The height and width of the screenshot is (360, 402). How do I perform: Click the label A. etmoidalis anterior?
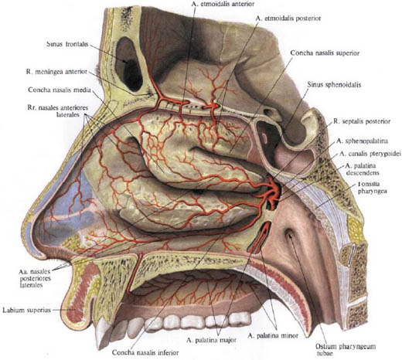pyautogui.click(x=223, y=4)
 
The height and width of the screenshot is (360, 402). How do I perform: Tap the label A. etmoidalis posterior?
pyautogui.click(x=288, y=19)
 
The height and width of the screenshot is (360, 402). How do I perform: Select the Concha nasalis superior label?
pyautogui.click(x=325, y=53)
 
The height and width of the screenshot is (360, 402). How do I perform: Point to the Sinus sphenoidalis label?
pyautogui.click(x=334, y=84)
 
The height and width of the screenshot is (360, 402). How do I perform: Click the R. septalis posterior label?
pyautogui.click(x=362, y=121)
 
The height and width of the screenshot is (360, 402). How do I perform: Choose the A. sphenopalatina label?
pyautogui.click(x=362, y=141)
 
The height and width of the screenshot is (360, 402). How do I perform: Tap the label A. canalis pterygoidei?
pyautogui.click(x=370, y=154)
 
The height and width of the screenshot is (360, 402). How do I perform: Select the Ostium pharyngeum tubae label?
pyautogui.click(x=346, y=349)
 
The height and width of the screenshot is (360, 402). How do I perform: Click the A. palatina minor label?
pyautogui.click(x=273, y=335)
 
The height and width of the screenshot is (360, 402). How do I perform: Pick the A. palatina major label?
pyautogui.click(x=211, y=340)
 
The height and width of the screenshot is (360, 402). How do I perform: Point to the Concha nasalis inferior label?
pyautogui.click(x=145, y=352)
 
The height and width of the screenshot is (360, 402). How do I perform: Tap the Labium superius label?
pyautogui.click(x=26, y=310)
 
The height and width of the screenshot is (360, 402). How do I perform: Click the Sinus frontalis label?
pyautogui.click(x=67, y=44)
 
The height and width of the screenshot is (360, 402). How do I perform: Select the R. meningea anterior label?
pyautogui.click(x=56, y=72)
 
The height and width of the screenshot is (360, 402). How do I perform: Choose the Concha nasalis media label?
pyautogui.click(x=60, y=90)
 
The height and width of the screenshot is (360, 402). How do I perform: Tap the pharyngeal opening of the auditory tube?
pyautogui.click(x=289, y=234)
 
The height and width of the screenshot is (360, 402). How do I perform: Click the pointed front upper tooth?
pyautogui.click(x=101, y=332)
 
